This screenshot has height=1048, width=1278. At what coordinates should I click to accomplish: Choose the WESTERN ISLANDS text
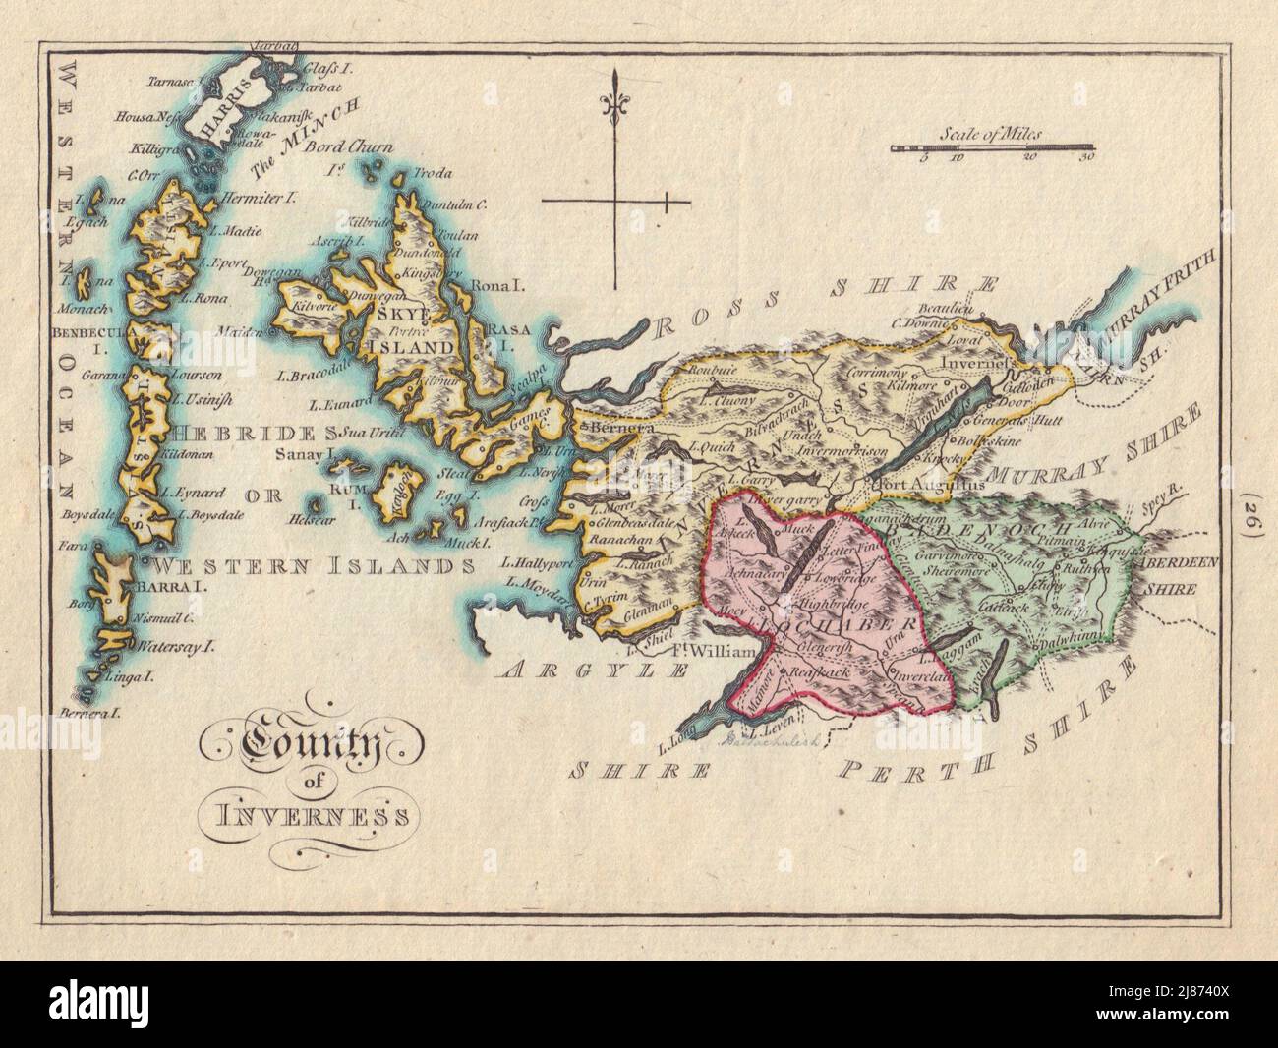point(309,566)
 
